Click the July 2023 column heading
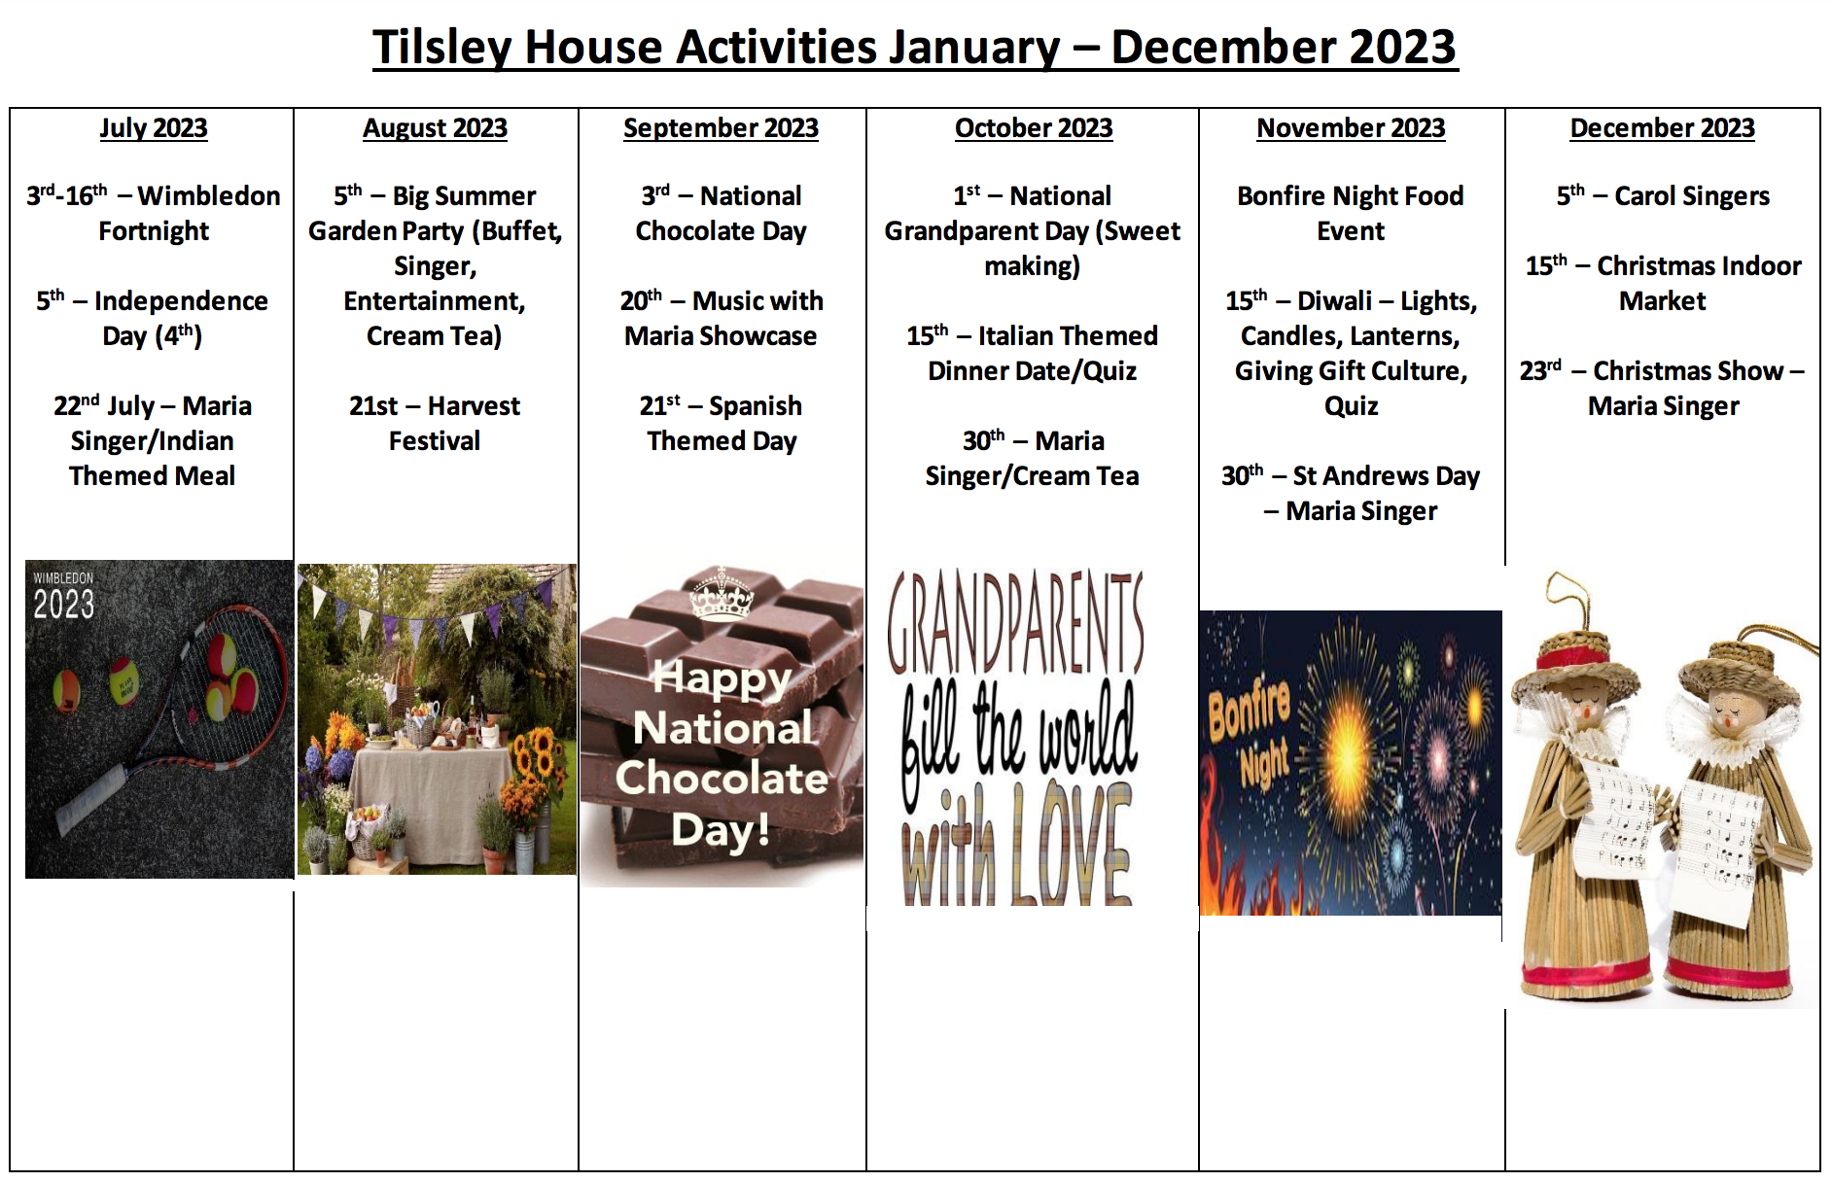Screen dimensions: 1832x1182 coord(154,128)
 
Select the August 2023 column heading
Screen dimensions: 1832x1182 coord(435,128)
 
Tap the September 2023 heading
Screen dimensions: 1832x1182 coord(721,128)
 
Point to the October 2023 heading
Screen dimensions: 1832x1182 coord(1034,128)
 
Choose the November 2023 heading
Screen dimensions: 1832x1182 coord(1351,128)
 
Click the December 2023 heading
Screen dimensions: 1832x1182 coord(1662,128)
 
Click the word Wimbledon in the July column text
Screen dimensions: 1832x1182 coord(209,196)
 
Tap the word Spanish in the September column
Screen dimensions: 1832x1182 coord(756,406)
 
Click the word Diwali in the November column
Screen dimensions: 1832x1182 coord(1334,301)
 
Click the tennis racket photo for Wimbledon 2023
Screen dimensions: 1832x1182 coord(159,719)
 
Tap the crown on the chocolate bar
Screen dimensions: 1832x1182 coord(721,594)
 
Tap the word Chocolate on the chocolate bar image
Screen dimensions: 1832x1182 coord(722,778)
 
